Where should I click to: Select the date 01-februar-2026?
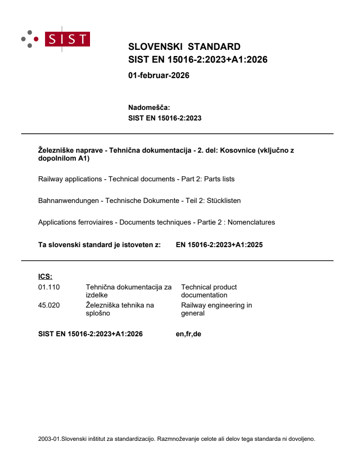[x=158, y=75]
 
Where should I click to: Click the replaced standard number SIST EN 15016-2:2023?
[x=165, y=118]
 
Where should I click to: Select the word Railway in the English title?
[x=50, y=179]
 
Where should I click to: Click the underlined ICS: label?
[x=45, y=277]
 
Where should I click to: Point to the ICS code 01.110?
[x=49, y=287]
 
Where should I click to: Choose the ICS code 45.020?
[x=49, y=305]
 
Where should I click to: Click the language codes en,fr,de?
[x=188, y=334]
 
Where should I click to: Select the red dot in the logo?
[x=36, y=39]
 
